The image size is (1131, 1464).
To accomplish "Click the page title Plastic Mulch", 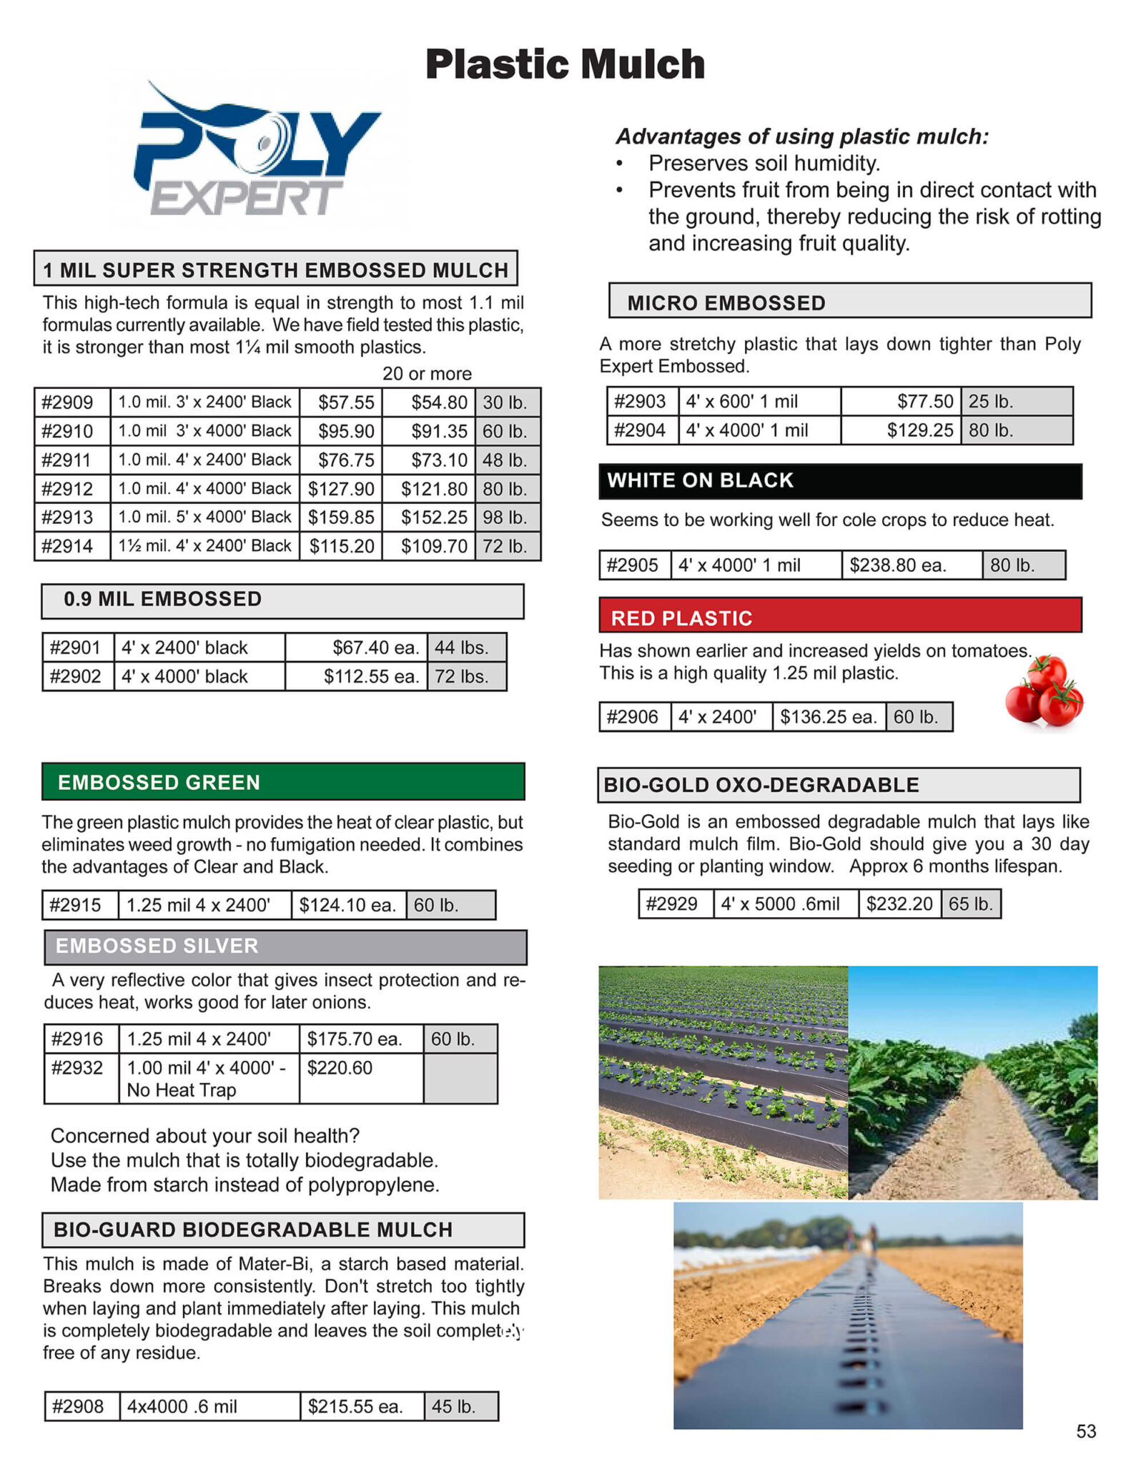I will [565, 64].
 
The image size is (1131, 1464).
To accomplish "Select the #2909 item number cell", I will [68, 402].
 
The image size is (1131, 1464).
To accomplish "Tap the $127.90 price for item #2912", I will [341, 489].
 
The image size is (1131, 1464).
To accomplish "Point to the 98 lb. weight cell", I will [505, 518].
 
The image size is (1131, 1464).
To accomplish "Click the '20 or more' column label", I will [427, 374].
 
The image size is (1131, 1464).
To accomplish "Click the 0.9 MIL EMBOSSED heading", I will [163, 599].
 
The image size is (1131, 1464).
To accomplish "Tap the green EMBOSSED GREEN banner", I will [283, 782].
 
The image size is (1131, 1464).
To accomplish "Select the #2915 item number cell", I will [76, 905].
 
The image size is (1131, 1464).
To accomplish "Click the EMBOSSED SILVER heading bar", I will [285, 946].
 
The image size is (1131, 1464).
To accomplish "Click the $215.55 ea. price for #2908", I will [355, 1407].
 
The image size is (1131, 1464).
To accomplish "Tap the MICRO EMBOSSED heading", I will [726, 303].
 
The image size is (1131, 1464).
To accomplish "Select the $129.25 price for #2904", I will [921, 430].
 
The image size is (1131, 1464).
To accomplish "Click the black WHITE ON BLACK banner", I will [840, 480].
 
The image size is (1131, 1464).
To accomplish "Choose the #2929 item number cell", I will [671, 904].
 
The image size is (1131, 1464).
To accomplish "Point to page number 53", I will [1085, 1431].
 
